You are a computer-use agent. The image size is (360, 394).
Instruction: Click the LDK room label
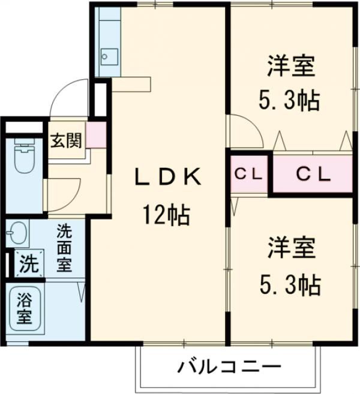click(167, 177)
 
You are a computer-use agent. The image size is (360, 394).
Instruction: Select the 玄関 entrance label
click(66, 142)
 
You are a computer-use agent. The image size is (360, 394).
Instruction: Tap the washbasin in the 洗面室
click(18, 231)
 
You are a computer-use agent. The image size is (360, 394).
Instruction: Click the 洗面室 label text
click(64, 247)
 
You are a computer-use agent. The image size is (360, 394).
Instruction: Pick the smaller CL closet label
click(248, 175)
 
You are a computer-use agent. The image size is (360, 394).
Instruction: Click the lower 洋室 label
click(291, 247)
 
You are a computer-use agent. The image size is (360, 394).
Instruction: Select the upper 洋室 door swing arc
click(246, 132)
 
